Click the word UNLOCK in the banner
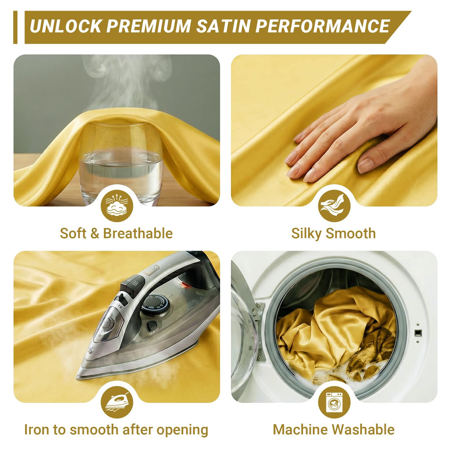tap(65, 26)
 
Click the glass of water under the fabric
tap(121, 163)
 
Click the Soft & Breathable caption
tap(116, 233)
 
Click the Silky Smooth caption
tap(334, 233)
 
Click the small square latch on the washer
tap(418, 333)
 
